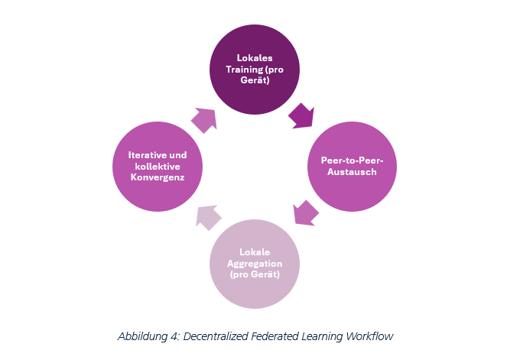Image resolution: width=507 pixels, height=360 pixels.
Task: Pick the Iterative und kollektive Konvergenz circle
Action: tap(157, 167)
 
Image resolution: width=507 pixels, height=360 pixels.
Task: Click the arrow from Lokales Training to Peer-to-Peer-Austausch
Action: tap(301, 115)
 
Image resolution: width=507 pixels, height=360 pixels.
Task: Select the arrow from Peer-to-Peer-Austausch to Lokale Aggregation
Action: tap(305, 212)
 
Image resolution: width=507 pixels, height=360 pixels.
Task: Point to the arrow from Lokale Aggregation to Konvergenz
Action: tap(207, 217)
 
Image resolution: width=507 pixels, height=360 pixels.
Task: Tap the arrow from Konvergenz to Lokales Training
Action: tap(204, 118)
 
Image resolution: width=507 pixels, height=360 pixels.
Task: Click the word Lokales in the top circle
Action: tap(255, 57)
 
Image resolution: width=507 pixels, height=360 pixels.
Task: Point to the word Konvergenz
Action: tap(157, 177)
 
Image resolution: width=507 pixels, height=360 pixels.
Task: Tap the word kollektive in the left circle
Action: tap(157, 166)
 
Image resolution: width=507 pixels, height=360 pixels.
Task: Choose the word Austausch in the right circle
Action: tap(352, 172)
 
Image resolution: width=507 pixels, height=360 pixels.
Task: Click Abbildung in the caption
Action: tap(143, 336)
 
